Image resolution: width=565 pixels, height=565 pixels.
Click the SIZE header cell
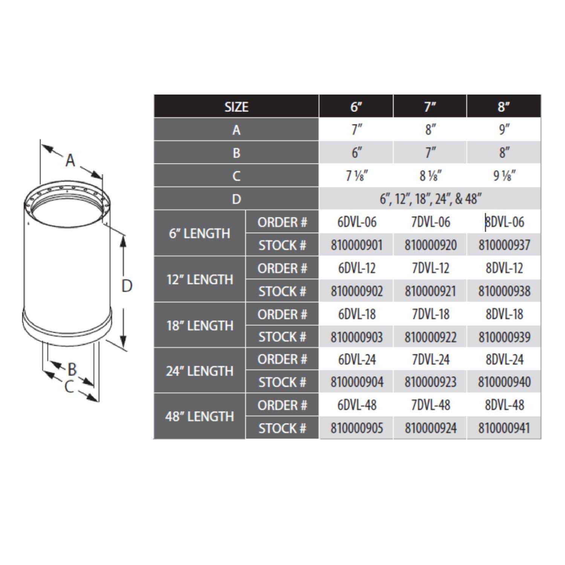[x=236, y=107]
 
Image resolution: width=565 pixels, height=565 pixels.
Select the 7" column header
[x=430, y=107]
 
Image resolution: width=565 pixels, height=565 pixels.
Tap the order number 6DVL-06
[x=356, y=222]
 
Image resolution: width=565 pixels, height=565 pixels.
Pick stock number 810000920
[x=430, y=245]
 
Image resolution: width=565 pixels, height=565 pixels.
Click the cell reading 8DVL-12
[x=504, y=268]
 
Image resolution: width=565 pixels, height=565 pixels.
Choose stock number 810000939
[x=504, y=337]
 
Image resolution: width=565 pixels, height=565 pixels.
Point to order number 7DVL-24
[x=430, y=359]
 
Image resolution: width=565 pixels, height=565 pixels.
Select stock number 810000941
[x=504, y=428]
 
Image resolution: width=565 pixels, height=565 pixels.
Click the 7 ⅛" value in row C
[x=356, y=176]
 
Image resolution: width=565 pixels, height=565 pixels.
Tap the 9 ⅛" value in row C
[x=504, y=176]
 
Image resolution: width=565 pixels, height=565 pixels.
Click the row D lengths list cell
[x=430, y=199]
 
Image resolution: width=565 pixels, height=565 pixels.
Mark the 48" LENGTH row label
[x=199, y=416]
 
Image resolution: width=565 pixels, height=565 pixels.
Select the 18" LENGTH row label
[x=199, y=325]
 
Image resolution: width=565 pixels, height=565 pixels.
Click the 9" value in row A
[x=504, y=130]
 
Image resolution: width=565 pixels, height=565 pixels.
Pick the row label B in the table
[x=236, y=153]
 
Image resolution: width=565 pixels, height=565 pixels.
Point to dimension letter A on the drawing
[x=70, y=160]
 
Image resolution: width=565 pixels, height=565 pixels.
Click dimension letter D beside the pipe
[x=127, y=286]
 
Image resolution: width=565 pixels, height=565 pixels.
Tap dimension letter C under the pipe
[x=69, y=386]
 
